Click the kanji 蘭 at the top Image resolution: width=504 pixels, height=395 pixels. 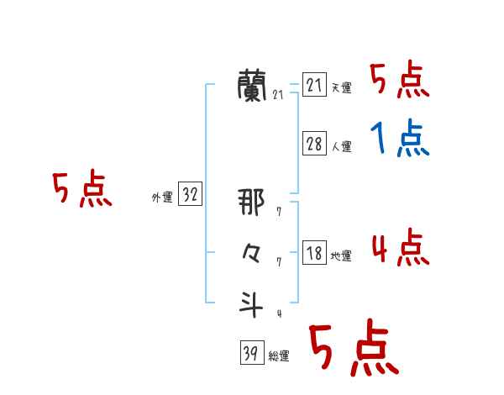coord(253,85)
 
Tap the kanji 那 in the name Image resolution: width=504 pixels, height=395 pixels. coord(251,202)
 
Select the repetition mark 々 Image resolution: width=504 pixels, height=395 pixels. coord(251,252)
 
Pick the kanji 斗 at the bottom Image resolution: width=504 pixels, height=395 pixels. coord(252,303)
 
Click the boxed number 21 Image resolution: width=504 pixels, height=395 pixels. coord(314,85)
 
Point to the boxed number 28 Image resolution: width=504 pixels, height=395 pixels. coord(314,144)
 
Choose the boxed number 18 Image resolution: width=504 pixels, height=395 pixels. coord(314,253)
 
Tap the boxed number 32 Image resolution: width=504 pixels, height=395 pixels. coord(190,195)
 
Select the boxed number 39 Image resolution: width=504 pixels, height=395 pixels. coord(249,354)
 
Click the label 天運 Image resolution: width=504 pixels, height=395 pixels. coord(341,88)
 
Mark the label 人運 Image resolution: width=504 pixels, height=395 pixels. coord(341,147)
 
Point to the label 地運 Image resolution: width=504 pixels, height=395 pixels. coord(341,256)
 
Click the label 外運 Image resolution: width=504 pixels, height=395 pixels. coord(162,197)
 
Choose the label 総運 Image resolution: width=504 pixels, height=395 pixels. coord(278,357)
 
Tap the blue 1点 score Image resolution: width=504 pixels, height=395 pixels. coord(400,138)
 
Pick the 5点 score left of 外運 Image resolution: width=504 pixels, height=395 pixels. coord(81,190)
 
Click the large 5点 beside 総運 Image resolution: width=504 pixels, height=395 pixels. coord(353,349)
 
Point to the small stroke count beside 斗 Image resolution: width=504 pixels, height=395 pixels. coord(279,313)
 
